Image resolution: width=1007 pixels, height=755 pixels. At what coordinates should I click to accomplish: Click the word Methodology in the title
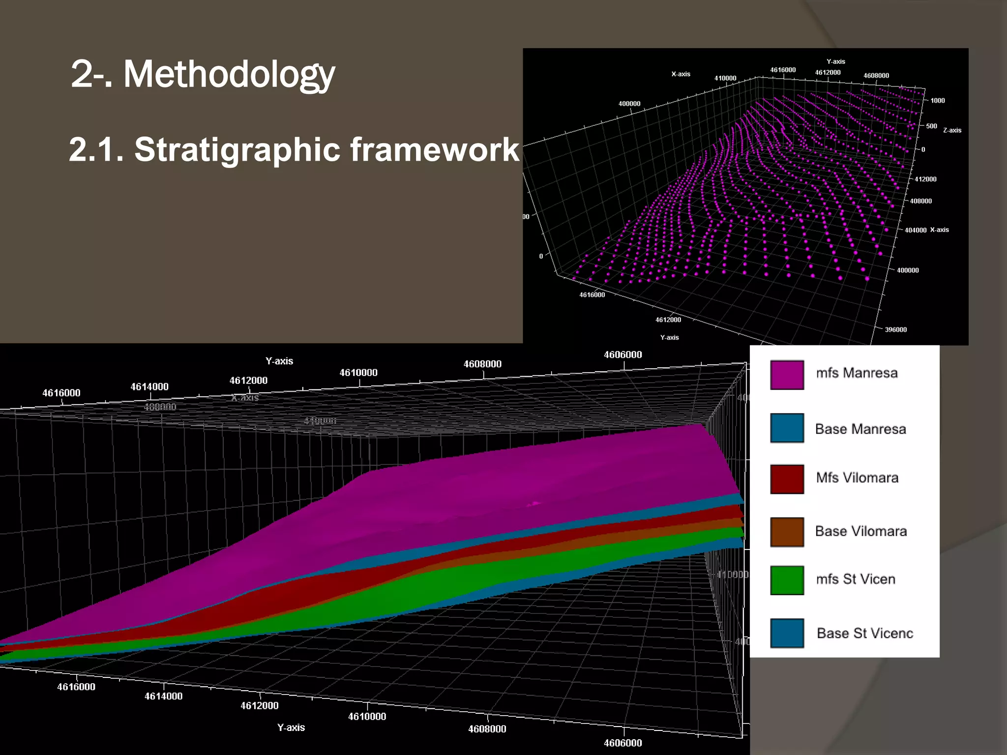click(x=229, y=75)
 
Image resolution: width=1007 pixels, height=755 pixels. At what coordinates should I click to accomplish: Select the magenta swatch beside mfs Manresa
click(x=787, y=375)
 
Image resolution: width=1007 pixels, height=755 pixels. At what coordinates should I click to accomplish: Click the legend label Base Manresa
click(x=860, y=429)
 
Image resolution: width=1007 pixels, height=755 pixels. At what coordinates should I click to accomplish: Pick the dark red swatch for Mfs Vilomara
click(x=787, y=479)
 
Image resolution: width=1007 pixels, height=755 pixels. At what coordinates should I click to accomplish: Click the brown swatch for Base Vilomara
click(x=787, y=532)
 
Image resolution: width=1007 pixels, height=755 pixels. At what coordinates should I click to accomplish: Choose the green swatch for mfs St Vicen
click(x=787, y=580)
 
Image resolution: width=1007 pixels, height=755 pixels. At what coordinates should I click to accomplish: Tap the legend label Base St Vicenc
click(x=864, y=633)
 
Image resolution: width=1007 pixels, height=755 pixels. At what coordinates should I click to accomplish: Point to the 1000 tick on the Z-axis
click(x=937, y=101)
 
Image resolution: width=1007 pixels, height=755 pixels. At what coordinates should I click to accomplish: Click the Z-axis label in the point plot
click(x=952, y=130)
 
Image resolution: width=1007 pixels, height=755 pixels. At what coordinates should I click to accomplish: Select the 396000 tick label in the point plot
click(x=895, y=330)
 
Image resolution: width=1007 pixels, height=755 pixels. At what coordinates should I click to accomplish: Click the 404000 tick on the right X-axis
click(x=915, y=230)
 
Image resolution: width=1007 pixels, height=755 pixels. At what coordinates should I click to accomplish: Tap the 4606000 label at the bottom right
click(x=622, y=743)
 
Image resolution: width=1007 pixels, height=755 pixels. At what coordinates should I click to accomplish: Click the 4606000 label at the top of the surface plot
click(x=622, y=355)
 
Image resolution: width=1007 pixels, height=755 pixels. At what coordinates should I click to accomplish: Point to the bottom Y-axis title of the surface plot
click(x=291, y=727)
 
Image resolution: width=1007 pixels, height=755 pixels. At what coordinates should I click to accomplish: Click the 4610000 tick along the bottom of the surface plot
click(x=367, y=717)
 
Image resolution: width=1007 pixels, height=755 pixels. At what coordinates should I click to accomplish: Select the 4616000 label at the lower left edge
click(x=76, y=687)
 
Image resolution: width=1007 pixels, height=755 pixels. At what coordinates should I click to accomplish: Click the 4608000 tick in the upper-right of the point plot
click(x=876, y=76)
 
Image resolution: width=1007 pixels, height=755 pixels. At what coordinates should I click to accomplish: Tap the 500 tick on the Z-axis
click(x=931, y=126)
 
